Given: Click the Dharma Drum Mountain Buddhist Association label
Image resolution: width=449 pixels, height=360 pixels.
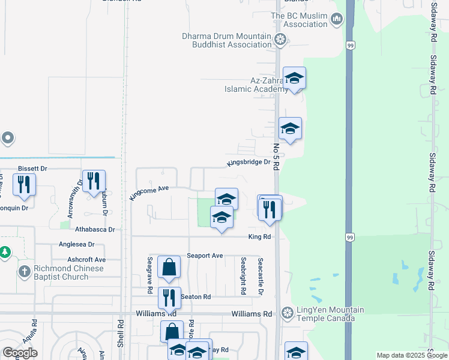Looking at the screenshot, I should (227, 40).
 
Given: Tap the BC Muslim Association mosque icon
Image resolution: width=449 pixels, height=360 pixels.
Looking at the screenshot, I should (337, 20).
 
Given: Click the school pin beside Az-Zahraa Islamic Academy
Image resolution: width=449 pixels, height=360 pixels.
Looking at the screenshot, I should (294, 79).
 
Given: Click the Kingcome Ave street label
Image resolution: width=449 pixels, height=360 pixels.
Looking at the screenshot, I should (149, 193).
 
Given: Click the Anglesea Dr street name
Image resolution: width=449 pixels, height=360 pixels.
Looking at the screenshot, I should (76, 244).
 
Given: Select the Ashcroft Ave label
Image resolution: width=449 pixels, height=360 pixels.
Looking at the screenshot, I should (86, 259).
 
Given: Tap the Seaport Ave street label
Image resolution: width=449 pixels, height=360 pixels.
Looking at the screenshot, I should (205, 256).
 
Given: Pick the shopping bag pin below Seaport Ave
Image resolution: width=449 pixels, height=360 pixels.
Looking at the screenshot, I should (169, 267).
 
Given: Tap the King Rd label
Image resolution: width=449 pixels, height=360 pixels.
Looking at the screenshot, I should (260, 237).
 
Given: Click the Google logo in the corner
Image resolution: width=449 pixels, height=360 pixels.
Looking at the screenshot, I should (20, 353).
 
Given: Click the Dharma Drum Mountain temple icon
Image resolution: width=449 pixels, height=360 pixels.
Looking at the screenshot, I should (280, 40).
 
